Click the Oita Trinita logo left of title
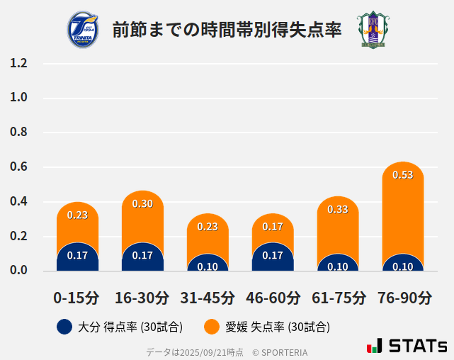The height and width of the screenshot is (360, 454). tap(84, 30)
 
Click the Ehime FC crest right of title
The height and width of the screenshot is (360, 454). tap(371, 30)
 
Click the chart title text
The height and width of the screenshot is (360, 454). tap(227, 30)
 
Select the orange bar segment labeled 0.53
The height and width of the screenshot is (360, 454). tap(402, 206)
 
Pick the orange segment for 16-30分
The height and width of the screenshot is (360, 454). tap(142, 216)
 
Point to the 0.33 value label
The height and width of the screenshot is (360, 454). tap(338, 209)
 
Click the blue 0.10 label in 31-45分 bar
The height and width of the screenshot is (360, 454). tap(208, 266)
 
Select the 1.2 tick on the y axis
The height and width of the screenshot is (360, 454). tap(18, 63)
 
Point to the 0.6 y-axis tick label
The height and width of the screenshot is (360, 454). tap(18, 167)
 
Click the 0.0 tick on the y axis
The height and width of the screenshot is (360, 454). tap(18, 270)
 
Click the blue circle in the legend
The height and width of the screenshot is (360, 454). tap(64, 327)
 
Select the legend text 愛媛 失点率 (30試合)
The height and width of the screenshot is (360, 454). tap(278, 327)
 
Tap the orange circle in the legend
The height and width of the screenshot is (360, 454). tap(211, 327)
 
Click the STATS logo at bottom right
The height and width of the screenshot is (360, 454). tap(407, 346)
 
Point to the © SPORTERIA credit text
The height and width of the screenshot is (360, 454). tap(280, 351)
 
